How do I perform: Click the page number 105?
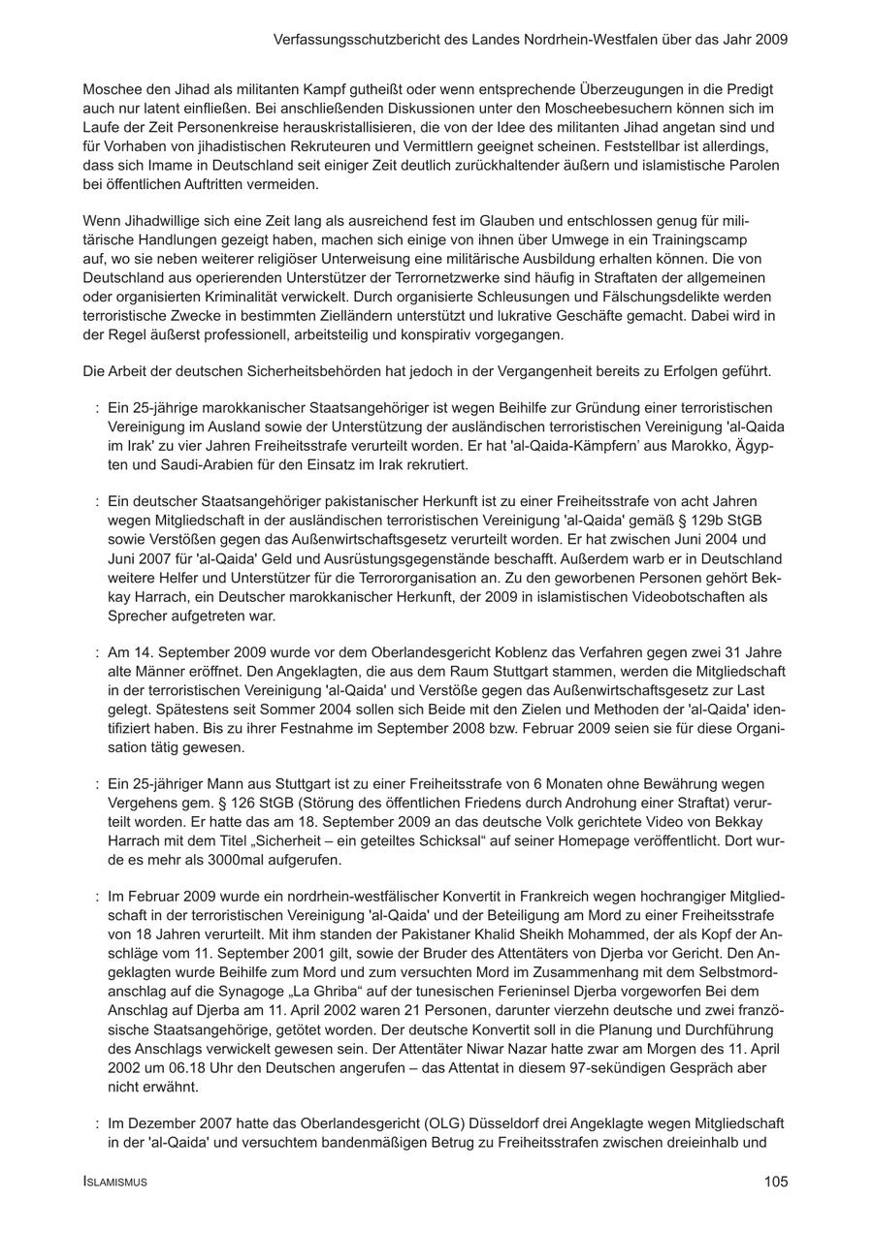[775, 1182]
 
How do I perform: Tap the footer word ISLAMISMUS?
[115, 1183]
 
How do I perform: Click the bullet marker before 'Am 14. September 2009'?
[98, 652]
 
